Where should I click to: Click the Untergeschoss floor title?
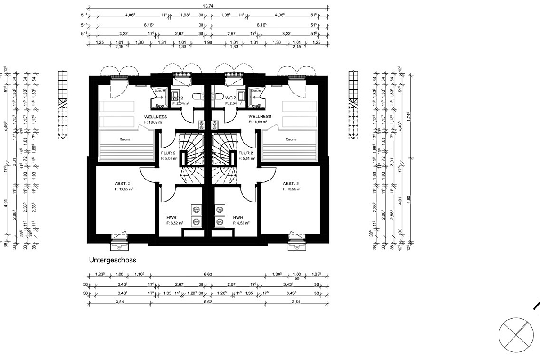click(112, 260)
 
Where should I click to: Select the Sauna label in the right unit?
click(291, 139)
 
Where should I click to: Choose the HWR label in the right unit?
click(238, 217)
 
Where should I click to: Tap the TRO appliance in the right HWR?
click(220, 210)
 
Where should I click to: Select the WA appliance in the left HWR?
click(196, 221)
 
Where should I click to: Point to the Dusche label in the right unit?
click(256, 90)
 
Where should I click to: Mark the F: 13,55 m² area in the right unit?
click(292, 189)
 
